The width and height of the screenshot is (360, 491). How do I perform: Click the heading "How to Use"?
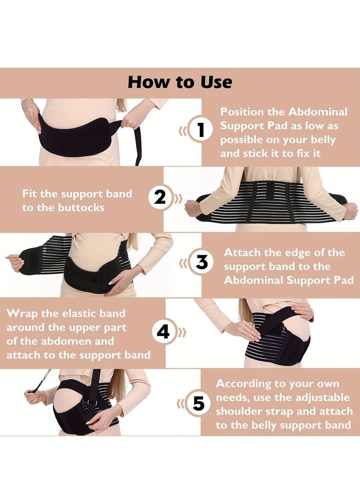click(180, 82)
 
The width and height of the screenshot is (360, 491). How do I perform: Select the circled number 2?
click(159, 197)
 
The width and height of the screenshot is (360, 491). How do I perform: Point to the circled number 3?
click(201, 262)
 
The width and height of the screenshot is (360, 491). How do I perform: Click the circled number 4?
click(163, 332)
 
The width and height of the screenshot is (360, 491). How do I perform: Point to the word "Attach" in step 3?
click(242, 252)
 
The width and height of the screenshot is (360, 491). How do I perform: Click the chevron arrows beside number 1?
click(182, 131)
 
